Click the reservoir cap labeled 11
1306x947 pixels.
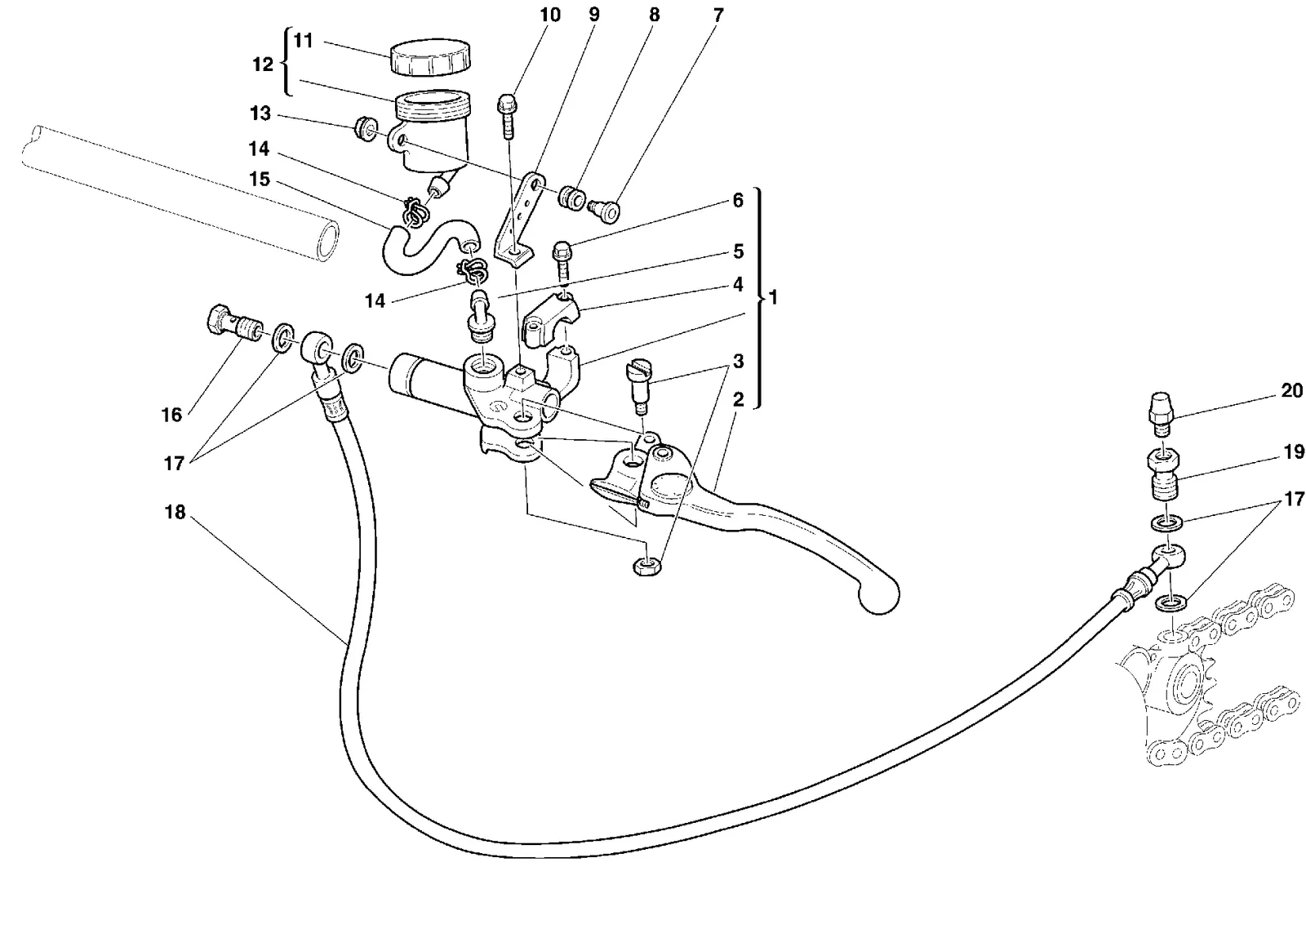[x=430, y=58]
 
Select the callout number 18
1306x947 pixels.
[x=175, y=512]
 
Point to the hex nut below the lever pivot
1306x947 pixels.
[x=646, y=567]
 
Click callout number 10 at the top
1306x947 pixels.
[x=550, y=15]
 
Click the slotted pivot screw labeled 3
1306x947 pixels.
[x=640, y=385]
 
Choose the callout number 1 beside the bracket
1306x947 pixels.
[x=773, y=297]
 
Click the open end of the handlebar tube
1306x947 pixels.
[x=327, y=241]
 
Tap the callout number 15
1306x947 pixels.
[x=260, y=179]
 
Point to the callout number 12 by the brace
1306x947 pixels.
[x=262, y=64]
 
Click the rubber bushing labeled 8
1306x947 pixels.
[x=572, y=198]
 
